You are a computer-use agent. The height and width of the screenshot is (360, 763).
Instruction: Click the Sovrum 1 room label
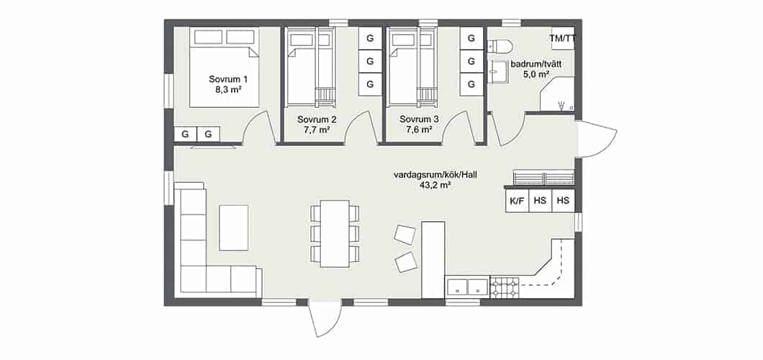(x=228, y=78)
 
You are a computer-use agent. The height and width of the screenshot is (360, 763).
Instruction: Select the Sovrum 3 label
(x=419, y=119)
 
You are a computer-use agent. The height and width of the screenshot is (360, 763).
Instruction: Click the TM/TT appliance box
(x=562, y=38)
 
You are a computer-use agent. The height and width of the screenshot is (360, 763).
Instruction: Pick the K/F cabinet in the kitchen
(x=517, y=200)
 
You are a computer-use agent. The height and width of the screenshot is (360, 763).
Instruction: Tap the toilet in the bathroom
(x=500, y=46)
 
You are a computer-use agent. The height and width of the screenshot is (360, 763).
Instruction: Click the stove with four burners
(x=505, y=287)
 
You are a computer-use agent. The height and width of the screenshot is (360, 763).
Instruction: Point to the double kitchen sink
(x=467, y=287)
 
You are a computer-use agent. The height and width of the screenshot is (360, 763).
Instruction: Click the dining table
(x=335, y=233)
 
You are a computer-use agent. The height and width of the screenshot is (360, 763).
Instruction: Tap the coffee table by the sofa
(x=233, y=228)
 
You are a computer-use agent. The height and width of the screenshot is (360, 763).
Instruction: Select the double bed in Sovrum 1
(x=224, y=68)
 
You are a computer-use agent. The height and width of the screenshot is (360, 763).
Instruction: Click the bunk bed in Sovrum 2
(x=310, y=67)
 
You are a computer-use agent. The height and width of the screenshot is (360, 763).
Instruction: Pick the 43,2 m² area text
(x=433, y=185)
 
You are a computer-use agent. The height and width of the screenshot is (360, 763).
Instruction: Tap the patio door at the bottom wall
(x=324, y=319)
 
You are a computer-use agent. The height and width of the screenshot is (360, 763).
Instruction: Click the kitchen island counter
(x=433, y=260)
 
